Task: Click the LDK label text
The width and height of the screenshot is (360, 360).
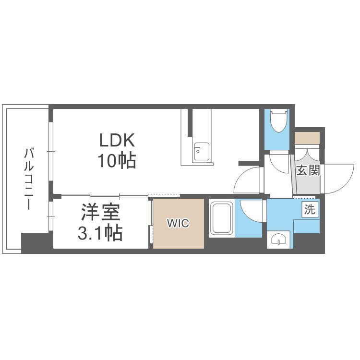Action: tap(117, 140)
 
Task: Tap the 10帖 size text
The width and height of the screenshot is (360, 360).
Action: tap(117, 161)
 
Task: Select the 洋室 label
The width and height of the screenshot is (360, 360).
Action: tap(101, 212)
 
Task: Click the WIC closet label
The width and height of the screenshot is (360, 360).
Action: tap(178, 223)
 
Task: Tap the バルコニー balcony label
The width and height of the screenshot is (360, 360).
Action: tap(29, 180)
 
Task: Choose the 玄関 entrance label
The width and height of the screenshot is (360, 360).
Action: tap(308, 170)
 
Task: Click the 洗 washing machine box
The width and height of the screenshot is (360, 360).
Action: tap(310, 209)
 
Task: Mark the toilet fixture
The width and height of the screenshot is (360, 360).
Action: tap(279, 120)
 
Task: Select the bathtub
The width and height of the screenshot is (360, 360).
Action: tap(222, 218)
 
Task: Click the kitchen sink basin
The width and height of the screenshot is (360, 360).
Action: tap(202, 152)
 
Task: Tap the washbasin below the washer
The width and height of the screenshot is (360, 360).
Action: tap(278, 240)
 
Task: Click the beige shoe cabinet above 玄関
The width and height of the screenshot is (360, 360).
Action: tap(307, 138)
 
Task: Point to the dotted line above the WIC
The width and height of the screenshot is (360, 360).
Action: tap(164, 195)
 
